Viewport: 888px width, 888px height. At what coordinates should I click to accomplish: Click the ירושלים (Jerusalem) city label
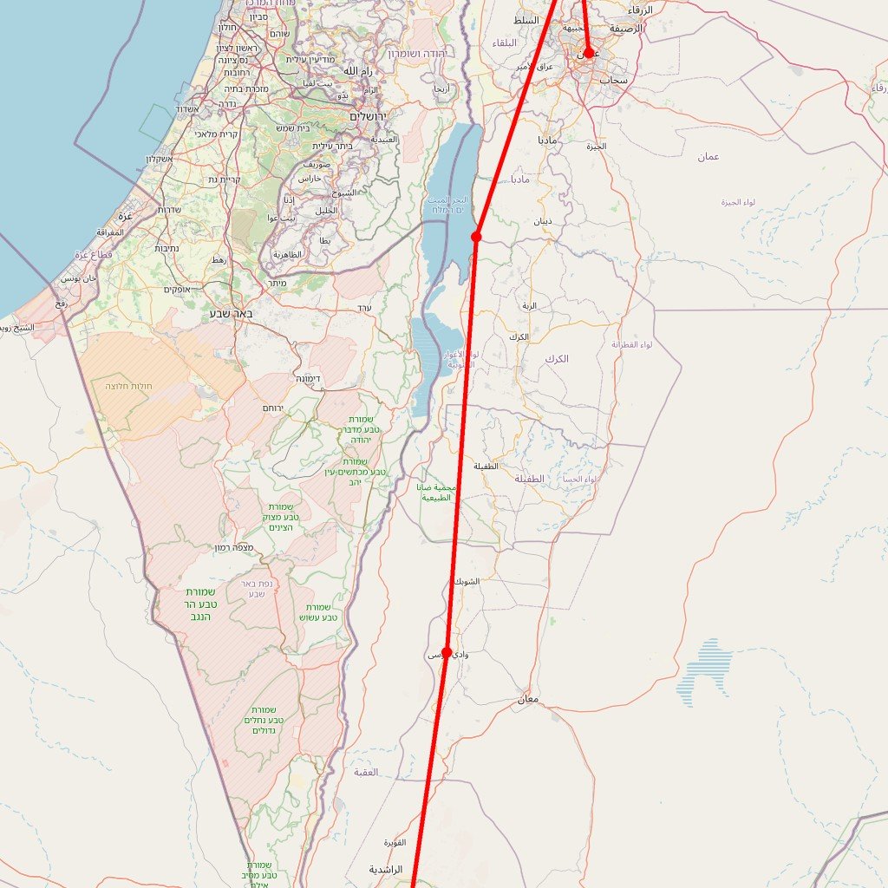tap(368, 116)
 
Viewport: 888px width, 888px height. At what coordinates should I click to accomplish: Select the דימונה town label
tap(308, 379)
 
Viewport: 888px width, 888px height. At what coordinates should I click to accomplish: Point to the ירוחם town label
tap(274, 408)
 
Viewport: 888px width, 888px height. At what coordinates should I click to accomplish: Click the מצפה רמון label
tap(234, 548)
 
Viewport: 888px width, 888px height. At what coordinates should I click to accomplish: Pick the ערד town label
tap(364, 308)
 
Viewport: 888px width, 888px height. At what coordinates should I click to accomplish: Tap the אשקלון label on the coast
tap(160, 159)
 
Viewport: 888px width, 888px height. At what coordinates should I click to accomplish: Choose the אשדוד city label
tap(188, 109)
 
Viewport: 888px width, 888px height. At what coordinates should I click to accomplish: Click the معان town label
tap(528, 699)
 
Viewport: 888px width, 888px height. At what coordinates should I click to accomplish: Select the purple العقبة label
tap(366, 772)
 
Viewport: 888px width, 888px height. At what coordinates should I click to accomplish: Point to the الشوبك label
tap(466, 581)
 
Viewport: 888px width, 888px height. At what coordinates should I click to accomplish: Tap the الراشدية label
tap(386, 869)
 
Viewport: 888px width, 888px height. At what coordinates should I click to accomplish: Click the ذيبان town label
tap(543, 221)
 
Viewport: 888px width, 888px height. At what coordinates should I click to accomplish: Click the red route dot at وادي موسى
tap(447, 652)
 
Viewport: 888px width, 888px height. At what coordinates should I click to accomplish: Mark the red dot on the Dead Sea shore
tap(476, 237)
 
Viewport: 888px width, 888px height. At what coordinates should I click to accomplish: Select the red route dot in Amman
tap(589, 53)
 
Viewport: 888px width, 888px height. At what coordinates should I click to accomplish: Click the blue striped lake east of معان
tap(704, 672)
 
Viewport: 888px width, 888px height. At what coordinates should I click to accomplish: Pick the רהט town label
tap(219, 260)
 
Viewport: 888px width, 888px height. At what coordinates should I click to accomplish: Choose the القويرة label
tap(395, 842)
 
